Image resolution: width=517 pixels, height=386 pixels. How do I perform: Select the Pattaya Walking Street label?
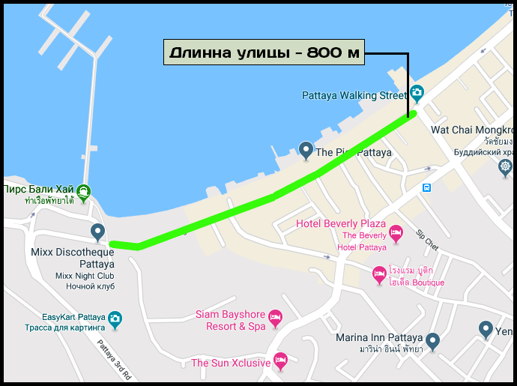354,96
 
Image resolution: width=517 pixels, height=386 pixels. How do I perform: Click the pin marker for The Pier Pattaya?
306,150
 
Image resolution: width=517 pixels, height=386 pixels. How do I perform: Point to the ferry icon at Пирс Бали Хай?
83,191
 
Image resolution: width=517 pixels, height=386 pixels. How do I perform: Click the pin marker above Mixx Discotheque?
97,232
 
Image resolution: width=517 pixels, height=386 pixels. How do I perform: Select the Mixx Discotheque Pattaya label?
73,259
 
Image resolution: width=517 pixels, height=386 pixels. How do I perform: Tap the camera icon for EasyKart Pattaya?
115,319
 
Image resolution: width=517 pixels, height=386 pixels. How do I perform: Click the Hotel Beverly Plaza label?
341,224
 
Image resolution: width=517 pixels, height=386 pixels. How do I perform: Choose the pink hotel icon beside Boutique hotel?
380,276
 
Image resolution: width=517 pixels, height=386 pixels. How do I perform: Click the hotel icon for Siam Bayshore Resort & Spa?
276,319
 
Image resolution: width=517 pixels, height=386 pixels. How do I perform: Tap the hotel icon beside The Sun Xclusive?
280,362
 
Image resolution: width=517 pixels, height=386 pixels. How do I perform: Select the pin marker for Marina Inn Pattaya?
432,340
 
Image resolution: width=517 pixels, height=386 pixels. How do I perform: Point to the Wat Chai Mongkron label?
472,130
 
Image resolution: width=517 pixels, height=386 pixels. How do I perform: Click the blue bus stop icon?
426,187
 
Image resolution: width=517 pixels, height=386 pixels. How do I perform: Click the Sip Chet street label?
427,237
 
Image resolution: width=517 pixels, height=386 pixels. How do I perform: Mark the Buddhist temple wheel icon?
506,166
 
